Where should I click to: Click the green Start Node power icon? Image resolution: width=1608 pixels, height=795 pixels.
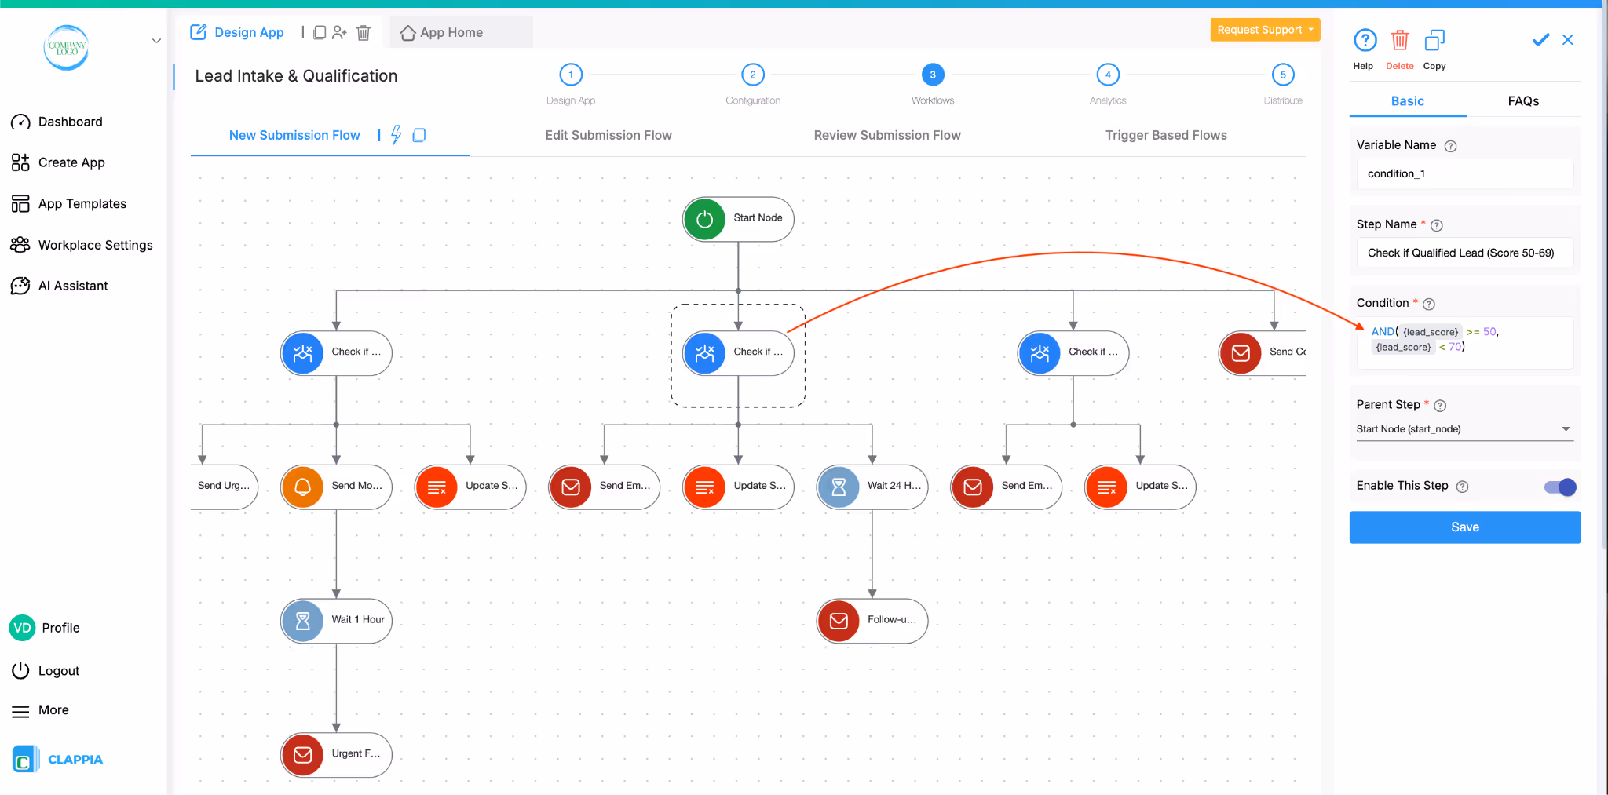pyautogui.click(x=704, y=219)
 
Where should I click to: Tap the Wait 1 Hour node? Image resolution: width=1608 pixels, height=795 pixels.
pyautogui.click(x=337, y=621)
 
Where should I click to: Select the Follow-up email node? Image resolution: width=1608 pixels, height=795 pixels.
pyautogui.click(x=872, y=621)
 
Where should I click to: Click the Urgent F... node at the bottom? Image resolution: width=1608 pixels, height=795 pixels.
pyautogui.click(x=337, y=754)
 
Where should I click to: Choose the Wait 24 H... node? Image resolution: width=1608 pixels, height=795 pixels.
pyautogui.click(x=872, y=487)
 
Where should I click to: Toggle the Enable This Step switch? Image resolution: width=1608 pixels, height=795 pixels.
pyautogui.click(x=1559, y=487)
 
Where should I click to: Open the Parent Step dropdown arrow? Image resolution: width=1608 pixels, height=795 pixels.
pyautogui.click(x=1566, y=429)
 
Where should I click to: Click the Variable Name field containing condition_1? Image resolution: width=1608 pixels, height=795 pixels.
pyautogui.click(x=1464, y=174)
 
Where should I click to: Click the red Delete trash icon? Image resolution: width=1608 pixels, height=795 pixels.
pyautogui.click(x=1399, y=41)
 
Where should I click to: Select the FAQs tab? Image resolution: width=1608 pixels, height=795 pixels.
pyautogui.click(x=1522, y=101)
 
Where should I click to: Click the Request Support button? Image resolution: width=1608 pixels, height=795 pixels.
pyautogui.click(x=1264, y=30)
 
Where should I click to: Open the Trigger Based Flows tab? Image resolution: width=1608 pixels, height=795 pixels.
pyautogui.click(x=1165, y=135)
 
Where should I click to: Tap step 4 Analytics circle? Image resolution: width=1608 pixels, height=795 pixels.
pyautogui.click(x=1107, y=75)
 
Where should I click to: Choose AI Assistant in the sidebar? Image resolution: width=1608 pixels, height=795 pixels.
pyautogui.click(x=72, y=286)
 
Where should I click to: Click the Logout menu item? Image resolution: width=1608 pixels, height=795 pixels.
pyautogui.click(x=58, y=671)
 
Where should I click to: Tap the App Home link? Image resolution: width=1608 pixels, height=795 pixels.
pyautogui.click(x=442, y=33)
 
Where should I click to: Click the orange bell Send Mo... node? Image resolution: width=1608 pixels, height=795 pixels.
pyautogui.click(x=337, y=487)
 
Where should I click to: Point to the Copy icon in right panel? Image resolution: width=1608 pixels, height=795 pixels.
pyautogui.click(x=1434, y=41)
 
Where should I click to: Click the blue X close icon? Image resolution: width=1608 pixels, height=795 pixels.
pyautogui.click(x=1567, y=40)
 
